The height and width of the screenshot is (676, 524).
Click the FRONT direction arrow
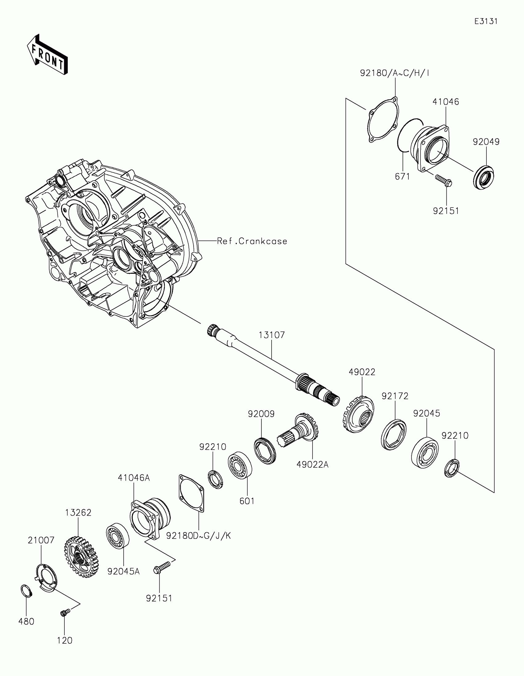coord(47,55)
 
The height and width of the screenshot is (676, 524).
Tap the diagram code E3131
coord(486,21)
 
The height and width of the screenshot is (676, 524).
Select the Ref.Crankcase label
coord(252,241)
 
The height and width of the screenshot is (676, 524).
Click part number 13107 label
coord(272,335)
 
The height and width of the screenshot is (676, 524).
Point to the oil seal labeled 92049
coord(483,177)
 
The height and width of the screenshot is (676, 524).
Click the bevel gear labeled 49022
coord(358,414)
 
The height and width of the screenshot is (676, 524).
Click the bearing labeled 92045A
coord(117,536)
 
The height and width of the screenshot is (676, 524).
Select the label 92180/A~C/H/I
coord(395,73)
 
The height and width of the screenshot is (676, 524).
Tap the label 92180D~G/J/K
coord(198,536)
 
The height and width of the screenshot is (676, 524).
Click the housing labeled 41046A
coord(150,517)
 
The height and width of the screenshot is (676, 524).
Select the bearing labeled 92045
coord(425,452)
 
